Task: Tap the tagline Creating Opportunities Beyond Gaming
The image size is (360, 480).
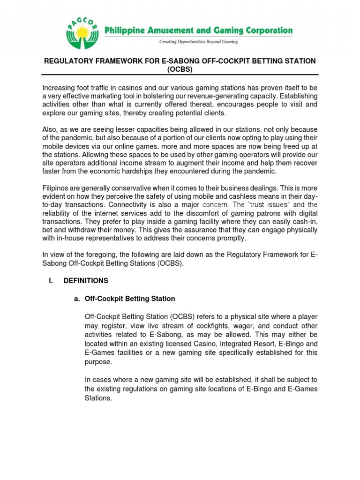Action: pos(198,42)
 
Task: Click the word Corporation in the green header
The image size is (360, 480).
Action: pos(265,31)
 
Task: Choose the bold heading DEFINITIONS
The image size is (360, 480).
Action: pos(86,281)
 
